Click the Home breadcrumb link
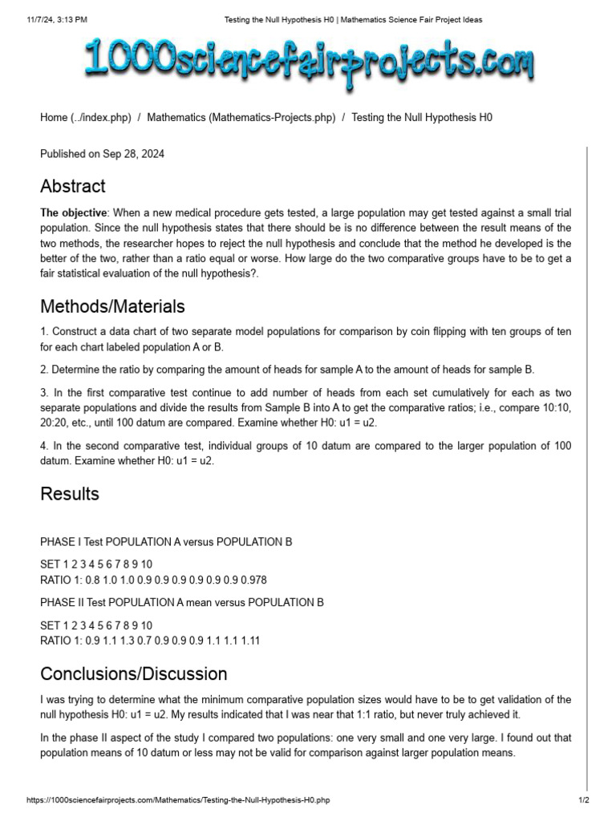[x=85, y=117]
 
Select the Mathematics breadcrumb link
[x=241, y=117]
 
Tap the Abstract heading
[x=73, y=187]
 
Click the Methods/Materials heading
[x=112, y=306]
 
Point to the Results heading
[x=70, y=494]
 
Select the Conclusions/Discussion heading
[x=134, y=673]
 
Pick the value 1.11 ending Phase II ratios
[x=249, y=641]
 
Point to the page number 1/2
[x=584, y=800]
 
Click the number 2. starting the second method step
[x=44, y=370]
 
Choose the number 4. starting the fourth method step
[x=44, y=446]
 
